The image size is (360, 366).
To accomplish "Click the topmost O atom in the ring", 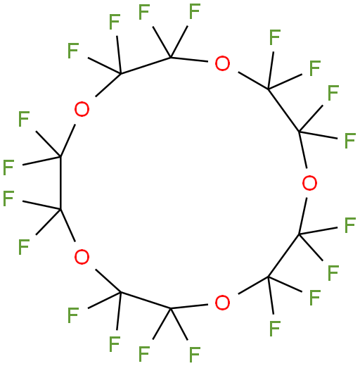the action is pyautogui.click(x=222, y=63).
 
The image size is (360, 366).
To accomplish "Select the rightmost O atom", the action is pyautogui.click(x=309, y=183).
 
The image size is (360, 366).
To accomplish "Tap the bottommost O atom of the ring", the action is pyautogui.click(x=222, y=303).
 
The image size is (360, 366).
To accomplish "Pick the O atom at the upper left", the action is pyautogui.click(x=82, y=109).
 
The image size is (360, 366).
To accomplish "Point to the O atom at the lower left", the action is pyautogui.click(x=82, y=257).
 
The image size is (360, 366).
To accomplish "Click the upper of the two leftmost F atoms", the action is pyautogui.click(x=8, y=168).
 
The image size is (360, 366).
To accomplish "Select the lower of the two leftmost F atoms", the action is pyautogui.click(x=8, y=198).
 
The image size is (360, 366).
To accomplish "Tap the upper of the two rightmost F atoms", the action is pyautogui.click(x=350, y=141).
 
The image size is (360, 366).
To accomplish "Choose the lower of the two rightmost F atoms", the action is pyautogui.click(x=350, y=225).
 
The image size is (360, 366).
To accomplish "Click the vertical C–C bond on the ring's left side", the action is pyautogui.click(x=60, y=183).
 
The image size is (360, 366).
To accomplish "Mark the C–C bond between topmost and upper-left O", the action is pyautogui.click(x=146, y=65).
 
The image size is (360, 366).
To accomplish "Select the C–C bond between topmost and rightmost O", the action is pyautogui.click(x=283, y=111).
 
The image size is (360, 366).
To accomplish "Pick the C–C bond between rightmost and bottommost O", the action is pyautogui.click(x=283, y=255).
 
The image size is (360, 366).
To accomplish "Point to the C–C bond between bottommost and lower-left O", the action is pyautogui.click(x=146, y=301).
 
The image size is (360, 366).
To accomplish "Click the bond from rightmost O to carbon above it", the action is pyautogui.click(x=303, y=150).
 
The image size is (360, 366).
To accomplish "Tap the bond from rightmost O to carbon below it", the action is pyautogui.click(x=303, y=216).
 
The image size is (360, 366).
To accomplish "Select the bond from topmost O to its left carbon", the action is pyautogui.click(x=189, y=59).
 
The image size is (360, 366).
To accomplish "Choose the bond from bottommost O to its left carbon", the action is pyautogui.click(x=189, y=307).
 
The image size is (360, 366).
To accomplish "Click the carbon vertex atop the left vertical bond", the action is pyautogui.click(x=60, y=156).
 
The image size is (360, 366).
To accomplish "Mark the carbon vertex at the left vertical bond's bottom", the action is pyautogui.click(x=60, y=209).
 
